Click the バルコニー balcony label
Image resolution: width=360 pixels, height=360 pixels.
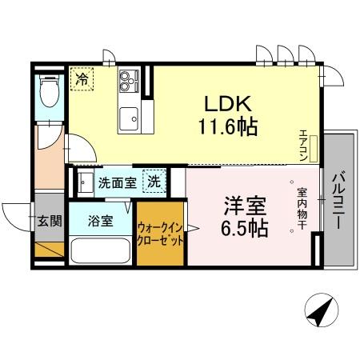pos(337,201)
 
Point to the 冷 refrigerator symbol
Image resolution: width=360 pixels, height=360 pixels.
pos(82,78)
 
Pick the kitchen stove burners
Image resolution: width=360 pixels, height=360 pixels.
pos(128,81)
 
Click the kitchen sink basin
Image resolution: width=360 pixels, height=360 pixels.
pos(128,121)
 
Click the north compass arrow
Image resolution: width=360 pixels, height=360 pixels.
pos(319,310)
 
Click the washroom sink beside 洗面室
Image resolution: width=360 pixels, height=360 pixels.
pos(82,182)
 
